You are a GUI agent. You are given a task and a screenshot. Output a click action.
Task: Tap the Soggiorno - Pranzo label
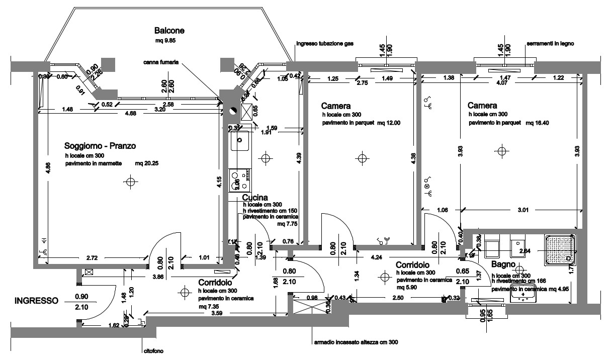coord(101,146)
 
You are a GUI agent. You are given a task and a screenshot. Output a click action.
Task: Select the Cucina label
coord(254,198)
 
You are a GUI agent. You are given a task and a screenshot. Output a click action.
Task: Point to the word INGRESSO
coord(37,301)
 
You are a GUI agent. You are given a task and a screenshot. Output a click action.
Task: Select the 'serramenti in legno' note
coord(550,44)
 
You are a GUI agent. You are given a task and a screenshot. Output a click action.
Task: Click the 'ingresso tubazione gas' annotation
coord(325,44)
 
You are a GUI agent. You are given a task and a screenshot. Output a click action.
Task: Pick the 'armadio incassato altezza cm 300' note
coord(356,342)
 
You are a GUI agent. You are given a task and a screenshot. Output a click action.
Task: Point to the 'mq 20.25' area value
coord(146,164)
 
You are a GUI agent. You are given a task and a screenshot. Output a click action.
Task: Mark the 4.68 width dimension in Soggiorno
coord(130,114)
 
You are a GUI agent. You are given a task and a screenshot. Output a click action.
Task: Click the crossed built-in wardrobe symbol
coord(309,305)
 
